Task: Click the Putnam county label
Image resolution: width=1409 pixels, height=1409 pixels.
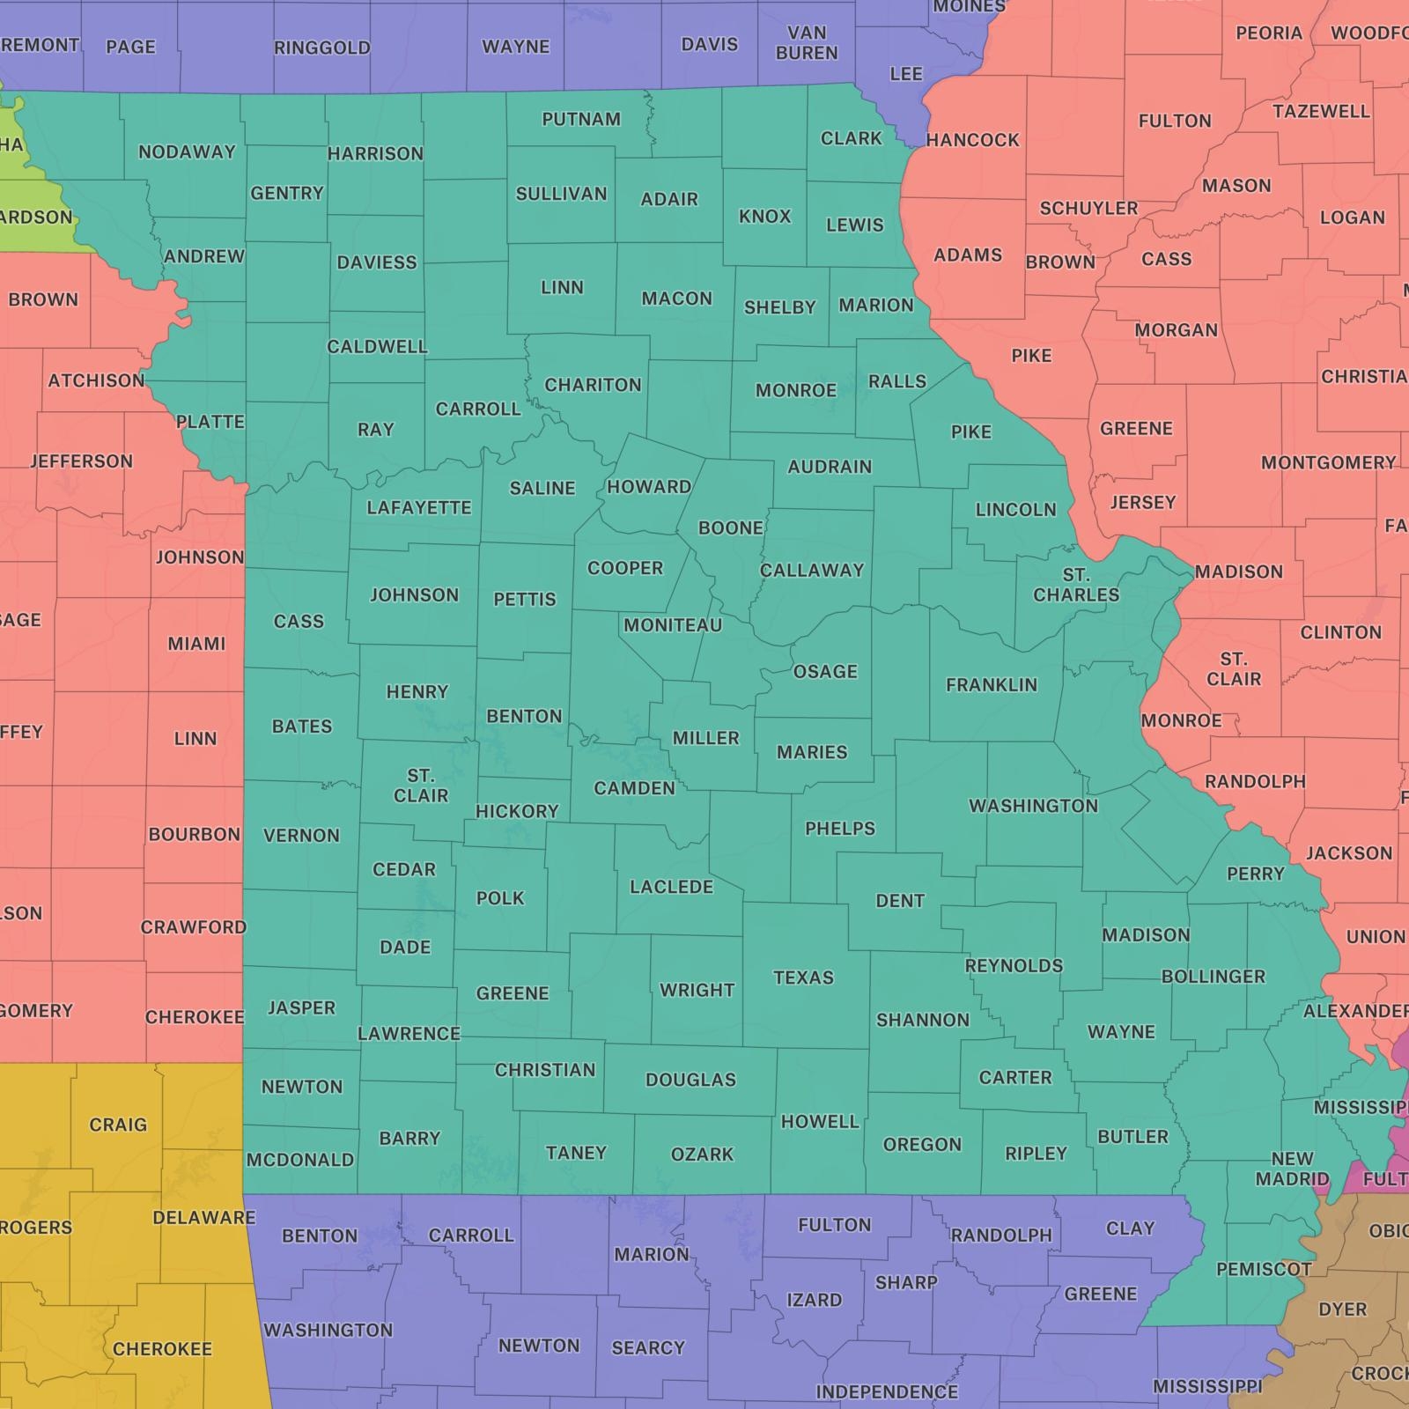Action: click(581, 119)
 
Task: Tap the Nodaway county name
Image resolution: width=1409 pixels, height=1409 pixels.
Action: click(187, 151)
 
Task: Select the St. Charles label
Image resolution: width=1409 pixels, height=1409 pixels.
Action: click(1076, 585)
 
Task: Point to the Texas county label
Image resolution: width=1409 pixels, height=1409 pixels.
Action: click(803, 977)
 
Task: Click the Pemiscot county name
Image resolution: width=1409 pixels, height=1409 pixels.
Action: click(1264, 1269)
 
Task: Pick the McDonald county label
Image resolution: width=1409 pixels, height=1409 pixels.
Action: click(299, 1160)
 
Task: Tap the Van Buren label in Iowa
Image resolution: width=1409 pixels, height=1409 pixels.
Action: click(807, 43)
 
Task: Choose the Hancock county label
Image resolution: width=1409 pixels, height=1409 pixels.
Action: click(972, 140)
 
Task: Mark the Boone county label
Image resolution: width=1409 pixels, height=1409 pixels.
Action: click(730, 527)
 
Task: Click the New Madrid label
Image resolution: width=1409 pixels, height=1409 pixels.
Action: click(1292, 1169)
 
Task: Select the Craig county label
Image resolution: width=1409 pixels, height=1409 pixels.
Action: click(118, 1125)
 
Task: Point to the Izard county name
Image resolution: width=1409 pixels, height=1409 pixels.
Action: click(814, 1300)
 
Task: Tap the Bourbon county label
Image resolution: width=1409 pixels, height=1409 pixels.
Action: click(194, 834)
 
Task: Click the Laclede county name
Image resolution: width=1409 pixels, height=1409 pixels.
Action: click(671, 887)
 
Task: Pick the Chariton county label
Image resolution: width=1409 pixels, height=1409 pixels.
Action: click(593, 385)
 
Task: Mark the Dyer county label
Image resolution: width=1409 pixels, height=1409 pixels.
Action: click(1342, 1309)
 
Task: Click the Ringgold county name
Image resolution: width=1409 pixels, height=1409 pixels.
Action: click(321, 48)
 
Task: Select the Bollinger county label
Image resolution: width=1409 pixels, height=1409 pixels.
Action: click(1213, 977)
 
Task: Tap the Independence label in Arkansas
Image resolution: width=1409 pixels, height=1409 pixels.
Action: click(886, 1391)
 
